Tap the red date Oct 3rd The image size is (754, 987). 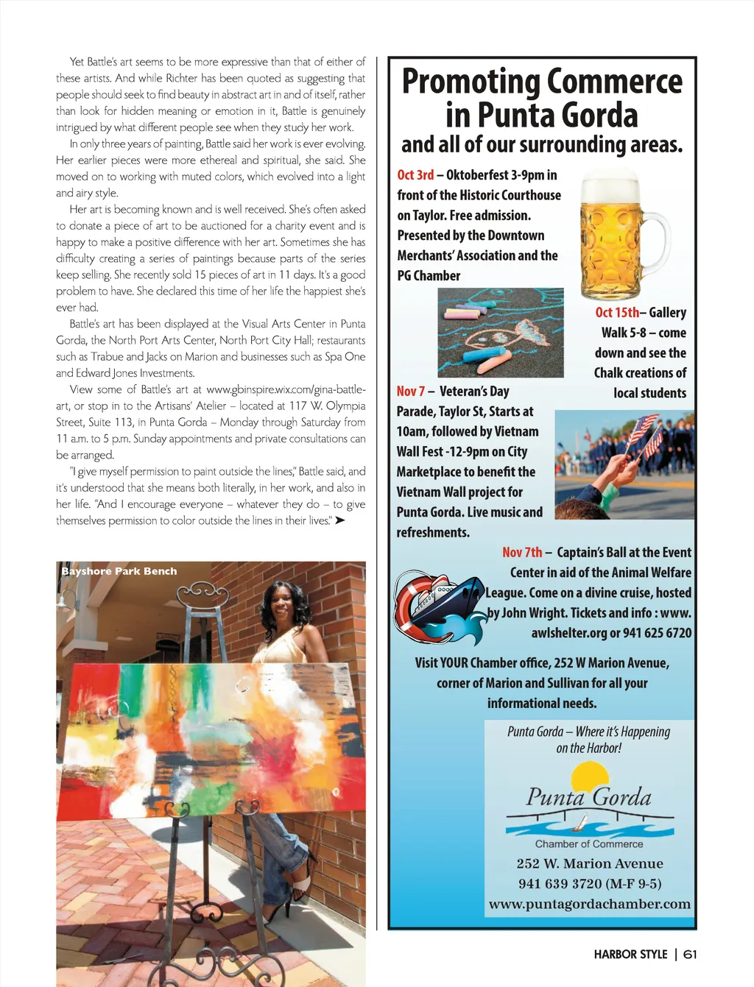(415, 175)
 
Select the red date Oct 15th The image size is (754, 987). (616, 313)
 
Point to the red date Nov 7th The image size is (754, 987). (522, 553)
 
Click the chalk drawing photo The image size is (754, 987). (500, 333)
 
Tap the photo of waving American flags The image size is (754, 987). (624, 465)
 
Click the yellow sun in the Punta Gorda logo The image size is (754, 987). (589, 776)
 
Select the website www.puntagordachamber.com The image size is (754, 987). (589, 904)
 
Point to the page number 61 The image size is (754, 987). (690, 955)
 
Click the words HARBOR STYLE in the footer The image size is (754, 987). (630, 955)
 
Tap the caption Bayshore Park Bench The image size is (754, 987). (119, 571)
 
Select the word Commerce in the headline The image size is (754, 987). (614, 82)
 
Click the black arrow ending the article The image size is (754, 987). (339, 521)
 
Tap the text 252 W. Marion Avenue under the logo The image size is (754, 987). (589, 864)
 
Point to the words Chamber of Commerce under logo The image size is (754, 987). (589, 844)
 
